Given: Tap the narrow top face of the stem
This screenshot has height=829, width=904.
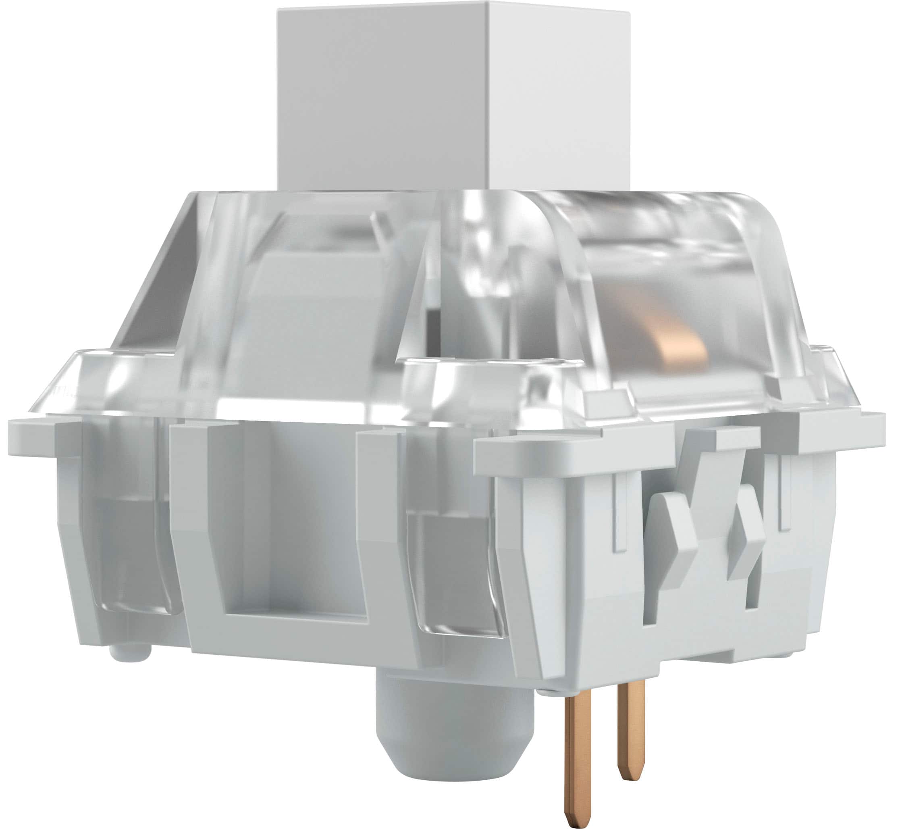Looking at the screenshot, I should (x=453, y=5).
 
